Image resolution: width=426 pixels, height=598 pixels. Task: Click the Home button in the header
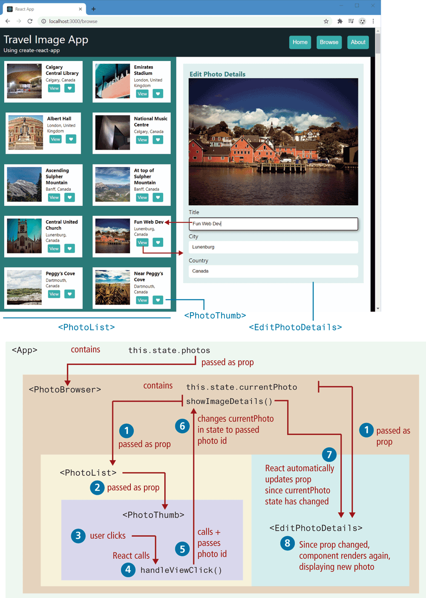[300, 42]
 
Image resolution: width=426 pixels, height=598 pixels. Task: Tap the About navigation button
[358, 42]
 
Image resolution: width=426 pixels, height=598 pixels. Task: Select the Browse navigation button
[329, 42]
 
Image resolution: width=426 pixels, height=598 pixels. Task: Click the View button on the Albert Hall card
[55, 139]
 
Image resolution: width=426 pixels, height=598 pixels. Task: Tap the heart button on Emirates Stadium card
[158, 94]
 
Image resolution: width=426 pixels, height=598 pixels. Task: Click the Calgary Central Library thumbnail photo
[24, 81]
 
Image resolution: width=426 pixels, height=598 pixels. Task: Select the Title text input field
[273, 224]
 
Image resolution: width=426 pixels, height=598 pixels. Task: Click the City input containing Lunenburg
[273, 247]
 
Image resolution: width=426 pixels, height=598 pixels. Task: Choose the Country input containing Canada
[273, 271]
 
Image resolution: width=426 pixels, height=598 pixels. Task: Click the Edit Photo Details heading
[217, 74]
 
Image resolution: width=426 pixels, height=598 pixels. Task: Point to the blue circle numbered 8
[288, 543]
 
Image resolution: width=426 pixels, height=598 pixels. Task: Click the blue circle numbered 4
[128, 570]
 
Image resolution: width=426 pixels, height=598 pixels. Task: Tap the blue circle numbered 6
[182, 426]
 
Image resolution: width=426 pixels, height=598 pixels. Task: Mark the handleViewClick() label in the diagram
[181, 570]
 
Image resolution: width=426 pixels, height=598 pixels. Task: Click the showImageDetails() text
[229, 401]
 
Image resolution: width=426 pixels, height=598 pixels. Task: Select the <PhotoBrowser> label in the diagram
[65, 389]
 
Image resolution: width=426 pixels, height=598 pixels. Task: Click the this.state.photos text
[169, 350]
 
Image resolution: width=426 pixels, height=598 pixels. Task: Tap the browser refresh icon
[30, 21]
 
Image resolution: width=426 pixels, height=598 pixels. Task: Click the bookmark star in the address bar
[326, 21]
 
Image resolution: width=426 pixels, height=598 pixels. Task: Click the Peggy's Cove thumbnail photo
[24, 287]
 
